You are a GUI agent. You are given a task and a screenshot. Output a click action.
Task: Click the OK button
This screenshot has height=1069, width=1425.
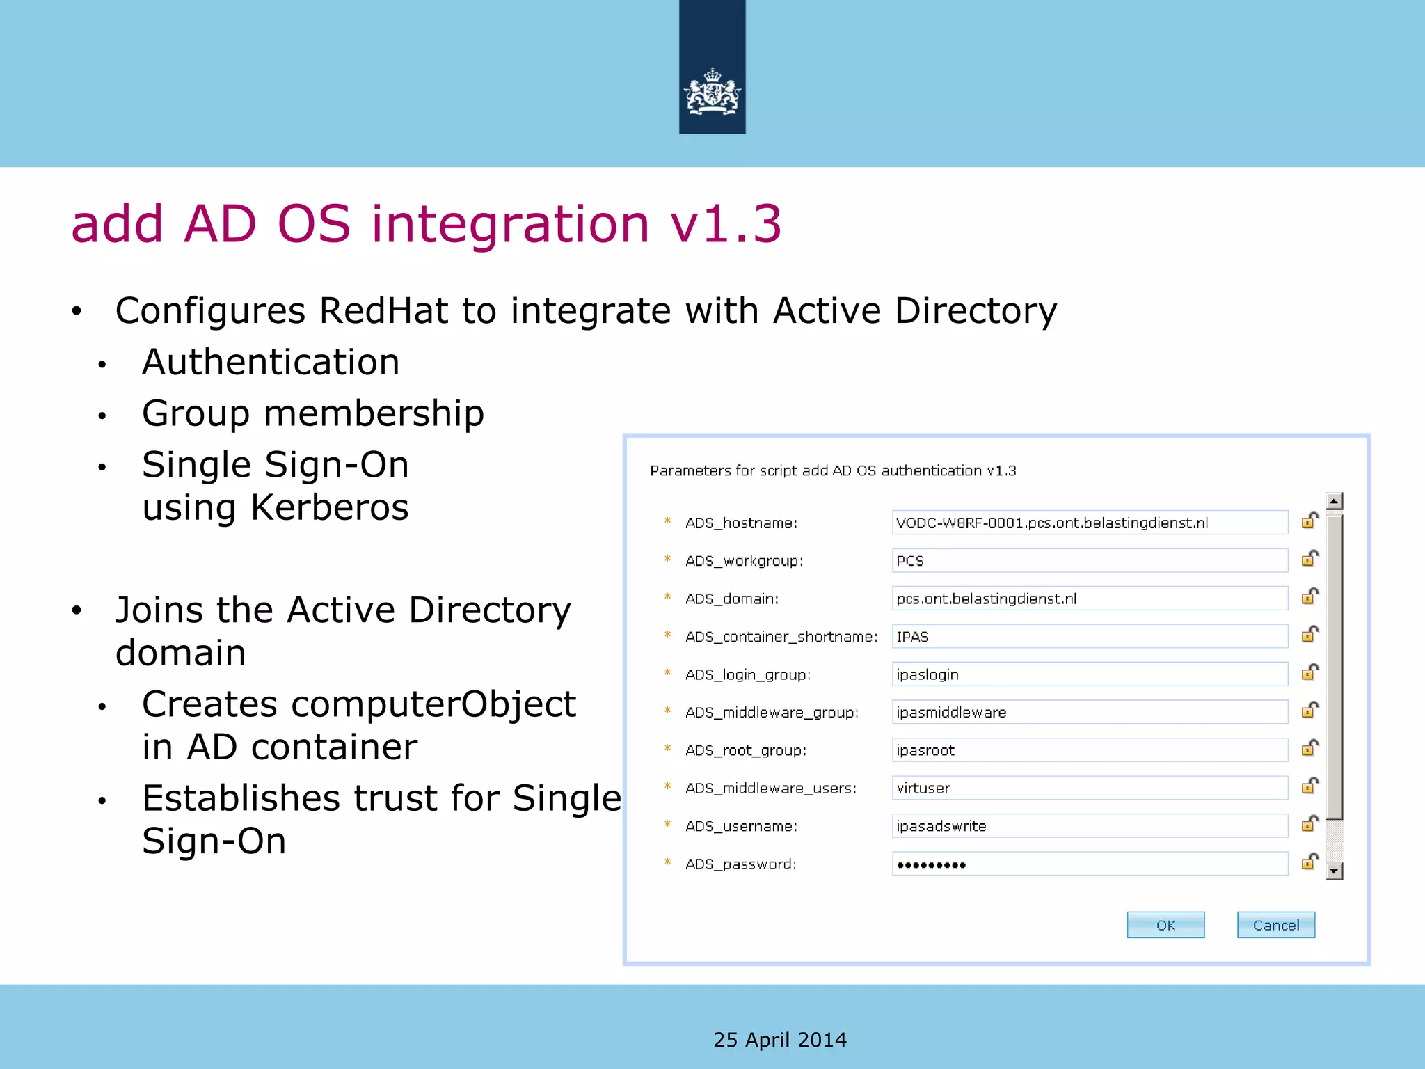(1165, 925)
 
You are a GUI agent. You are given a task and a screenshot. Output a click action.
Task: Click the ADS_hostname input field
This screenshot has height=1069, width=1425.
(1089, 523)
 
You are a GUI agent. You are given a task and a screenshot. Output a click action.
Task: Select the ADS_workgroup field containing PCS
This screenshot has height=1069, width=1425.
(1089, 560)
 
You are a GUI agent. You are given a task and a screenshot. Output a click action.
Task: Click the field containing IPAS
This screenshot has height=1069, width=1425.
(1089, 636)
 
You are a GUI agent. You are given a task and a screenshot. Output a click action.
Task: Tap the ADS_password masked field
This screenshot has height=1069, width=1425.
(1089, 864)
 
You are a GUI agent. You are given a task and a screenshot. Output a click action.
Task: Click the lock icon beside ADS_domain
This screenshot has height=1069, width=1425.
(1309, 597)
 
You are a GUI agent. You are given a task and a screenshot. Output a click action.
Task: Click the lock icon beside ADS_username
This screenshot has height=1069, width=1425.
(1309, 824)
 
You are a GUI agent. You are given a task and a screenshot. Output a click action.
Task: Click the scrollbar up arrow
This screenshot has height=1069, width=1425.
(1333, 501)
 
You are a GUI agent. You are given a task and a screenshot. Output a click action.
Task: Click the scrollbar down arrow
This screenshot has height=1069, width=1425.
(1333, 871)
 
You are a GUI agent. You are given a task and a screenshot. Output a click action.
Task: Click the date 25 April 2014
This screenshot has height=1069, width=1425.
(779, 1040)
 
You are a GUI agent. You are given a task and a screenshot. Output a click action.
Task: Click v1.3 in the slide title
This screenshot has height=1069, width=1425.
(726, 224)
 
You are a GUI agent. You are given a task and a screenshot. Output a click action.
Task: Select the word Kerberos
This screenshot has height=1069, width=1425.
(329, 507)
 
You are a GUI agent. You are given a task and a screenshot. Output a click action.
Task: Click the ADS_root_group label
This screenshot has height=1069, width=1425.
(745, 750)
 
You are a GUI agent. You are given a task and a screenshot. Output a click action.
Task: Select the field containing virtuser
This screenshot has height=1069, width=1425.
(1089, 788)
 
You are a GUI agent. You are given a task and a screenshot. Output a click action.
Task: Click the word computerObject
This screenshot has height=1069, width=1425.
(433, 704)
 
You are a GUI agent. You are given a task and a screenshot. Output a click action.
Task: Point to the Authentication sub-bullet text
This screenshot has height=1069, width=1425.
(271, 363)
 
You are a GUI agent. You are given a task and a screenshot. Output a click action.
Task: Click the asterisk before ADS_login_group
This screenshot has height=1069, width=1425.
(667, 673)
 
